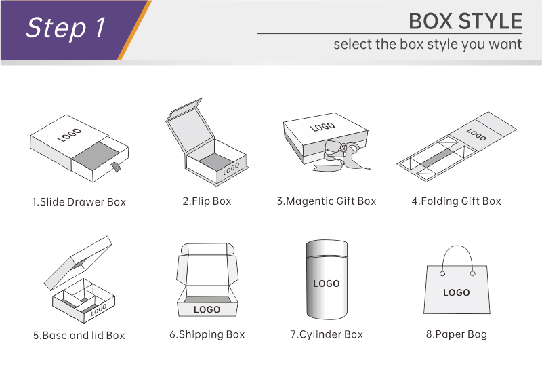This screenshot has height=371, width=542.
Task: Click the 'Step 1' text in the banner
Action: tap(65, 28)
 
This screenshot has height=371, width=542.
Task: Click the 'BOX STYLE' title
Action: tap(465, 21)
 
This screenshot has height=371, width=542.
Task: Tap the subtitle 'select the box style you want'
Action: tap(428, 45)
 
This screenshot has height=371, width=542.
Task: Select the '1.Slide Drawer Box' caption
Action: tap(79, 201)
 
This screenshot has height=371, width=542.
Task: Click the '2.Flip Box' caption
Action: tap(207, 201)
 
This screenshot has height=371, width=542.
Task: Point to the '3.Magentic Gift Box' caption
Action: tap(327, 201)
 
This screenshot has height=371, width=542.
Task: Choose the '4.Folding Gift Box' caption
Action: tap(456, 201)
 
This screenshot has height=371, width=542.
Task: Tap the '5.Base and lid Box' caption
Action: tap(79, 335)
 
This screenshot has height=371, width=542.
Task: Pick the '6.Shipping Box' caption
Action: tap(207, 334)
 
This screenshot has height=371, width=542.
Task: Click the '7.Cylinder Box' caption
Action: tap(327, 334)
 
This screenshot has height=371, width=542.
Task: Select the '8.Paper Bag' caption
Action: tap(456, 334)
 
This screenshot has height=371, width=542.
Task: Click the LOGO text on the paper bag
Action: tap(456, 293)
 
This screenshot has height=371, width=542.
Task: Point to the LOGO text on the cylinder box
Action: tap(327, 284)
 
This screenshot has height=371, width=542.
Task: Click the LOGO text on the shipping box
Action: tap(207, 309)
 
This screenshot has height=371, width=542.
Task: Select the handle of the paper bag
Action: tap(458, 246)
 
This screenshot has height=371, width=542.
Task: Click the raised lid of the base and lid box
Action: tap(78, 263)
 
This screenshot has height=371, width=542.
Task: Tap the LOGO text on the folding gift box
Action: tap(476, 134)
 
